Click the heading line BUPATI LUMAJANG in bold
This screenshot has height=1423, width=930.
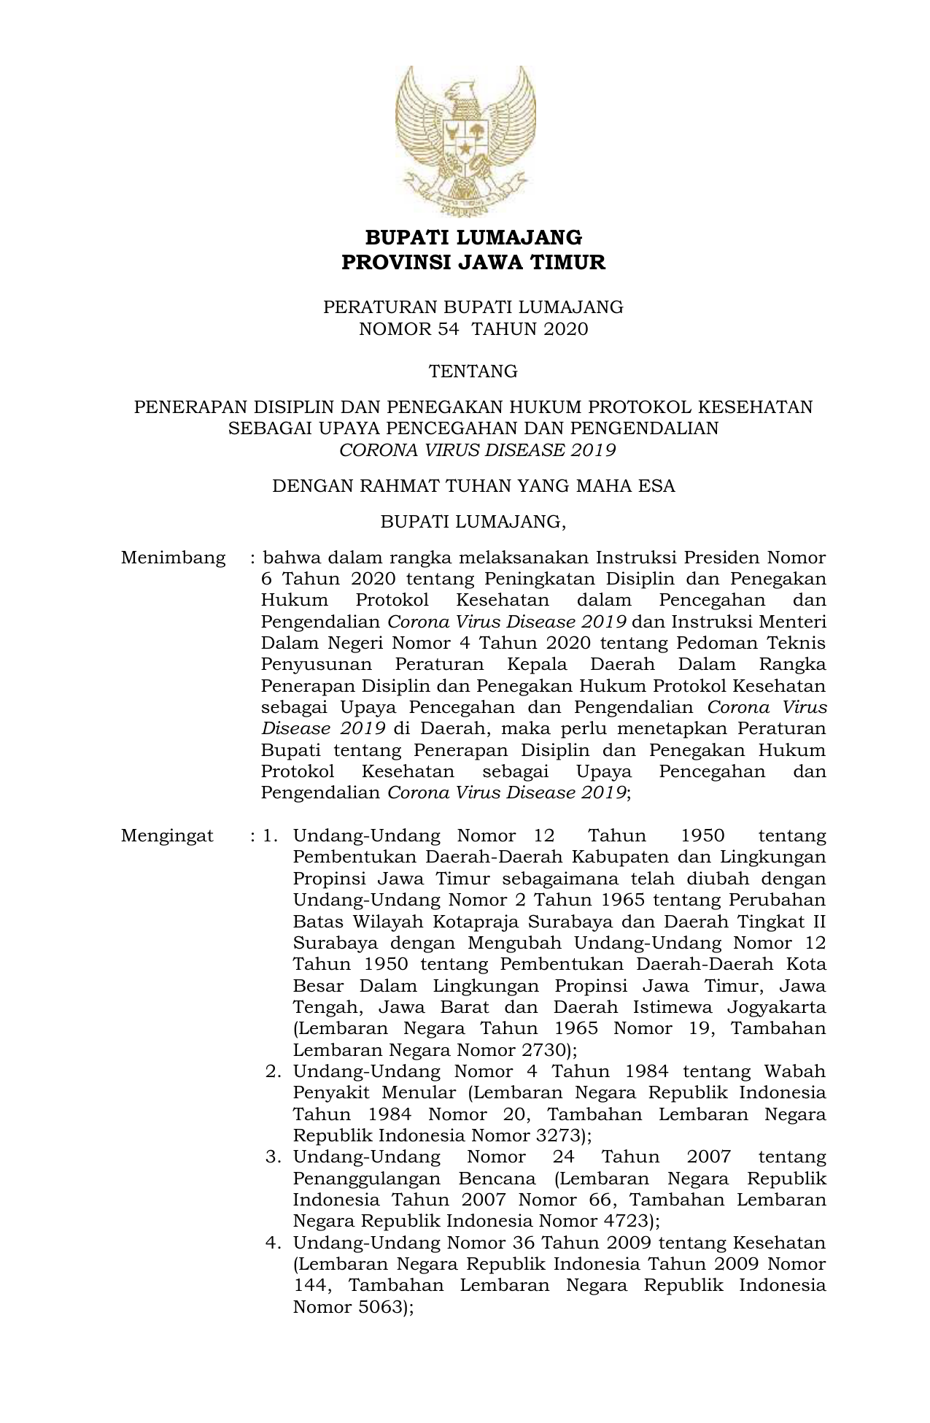click(473, 238)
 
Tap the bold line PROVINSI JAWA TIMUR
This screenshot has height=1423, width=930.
click(473, 263)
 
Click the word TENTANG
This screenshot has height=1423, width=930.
click(473, 371)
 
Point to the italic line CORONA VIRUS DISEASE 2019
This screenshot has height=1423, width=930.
click(478, 450)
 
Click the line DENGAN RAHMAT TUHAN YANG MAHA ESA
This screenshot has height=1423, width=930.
click(473, 486)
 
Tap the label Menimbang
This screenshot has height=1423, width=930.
click(174, 558)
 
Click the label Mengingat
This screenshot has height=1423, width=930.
click(168, 836)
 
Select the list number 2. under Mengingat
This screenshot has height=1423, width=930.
click(274, 1072)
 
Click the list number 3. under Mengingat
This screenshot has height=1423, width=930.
click(274, 1157)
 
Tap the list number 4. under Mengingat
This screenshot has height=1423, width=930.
click(274, 1243)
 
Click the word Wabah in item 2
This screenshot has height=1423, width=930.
click(794, 1072)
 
